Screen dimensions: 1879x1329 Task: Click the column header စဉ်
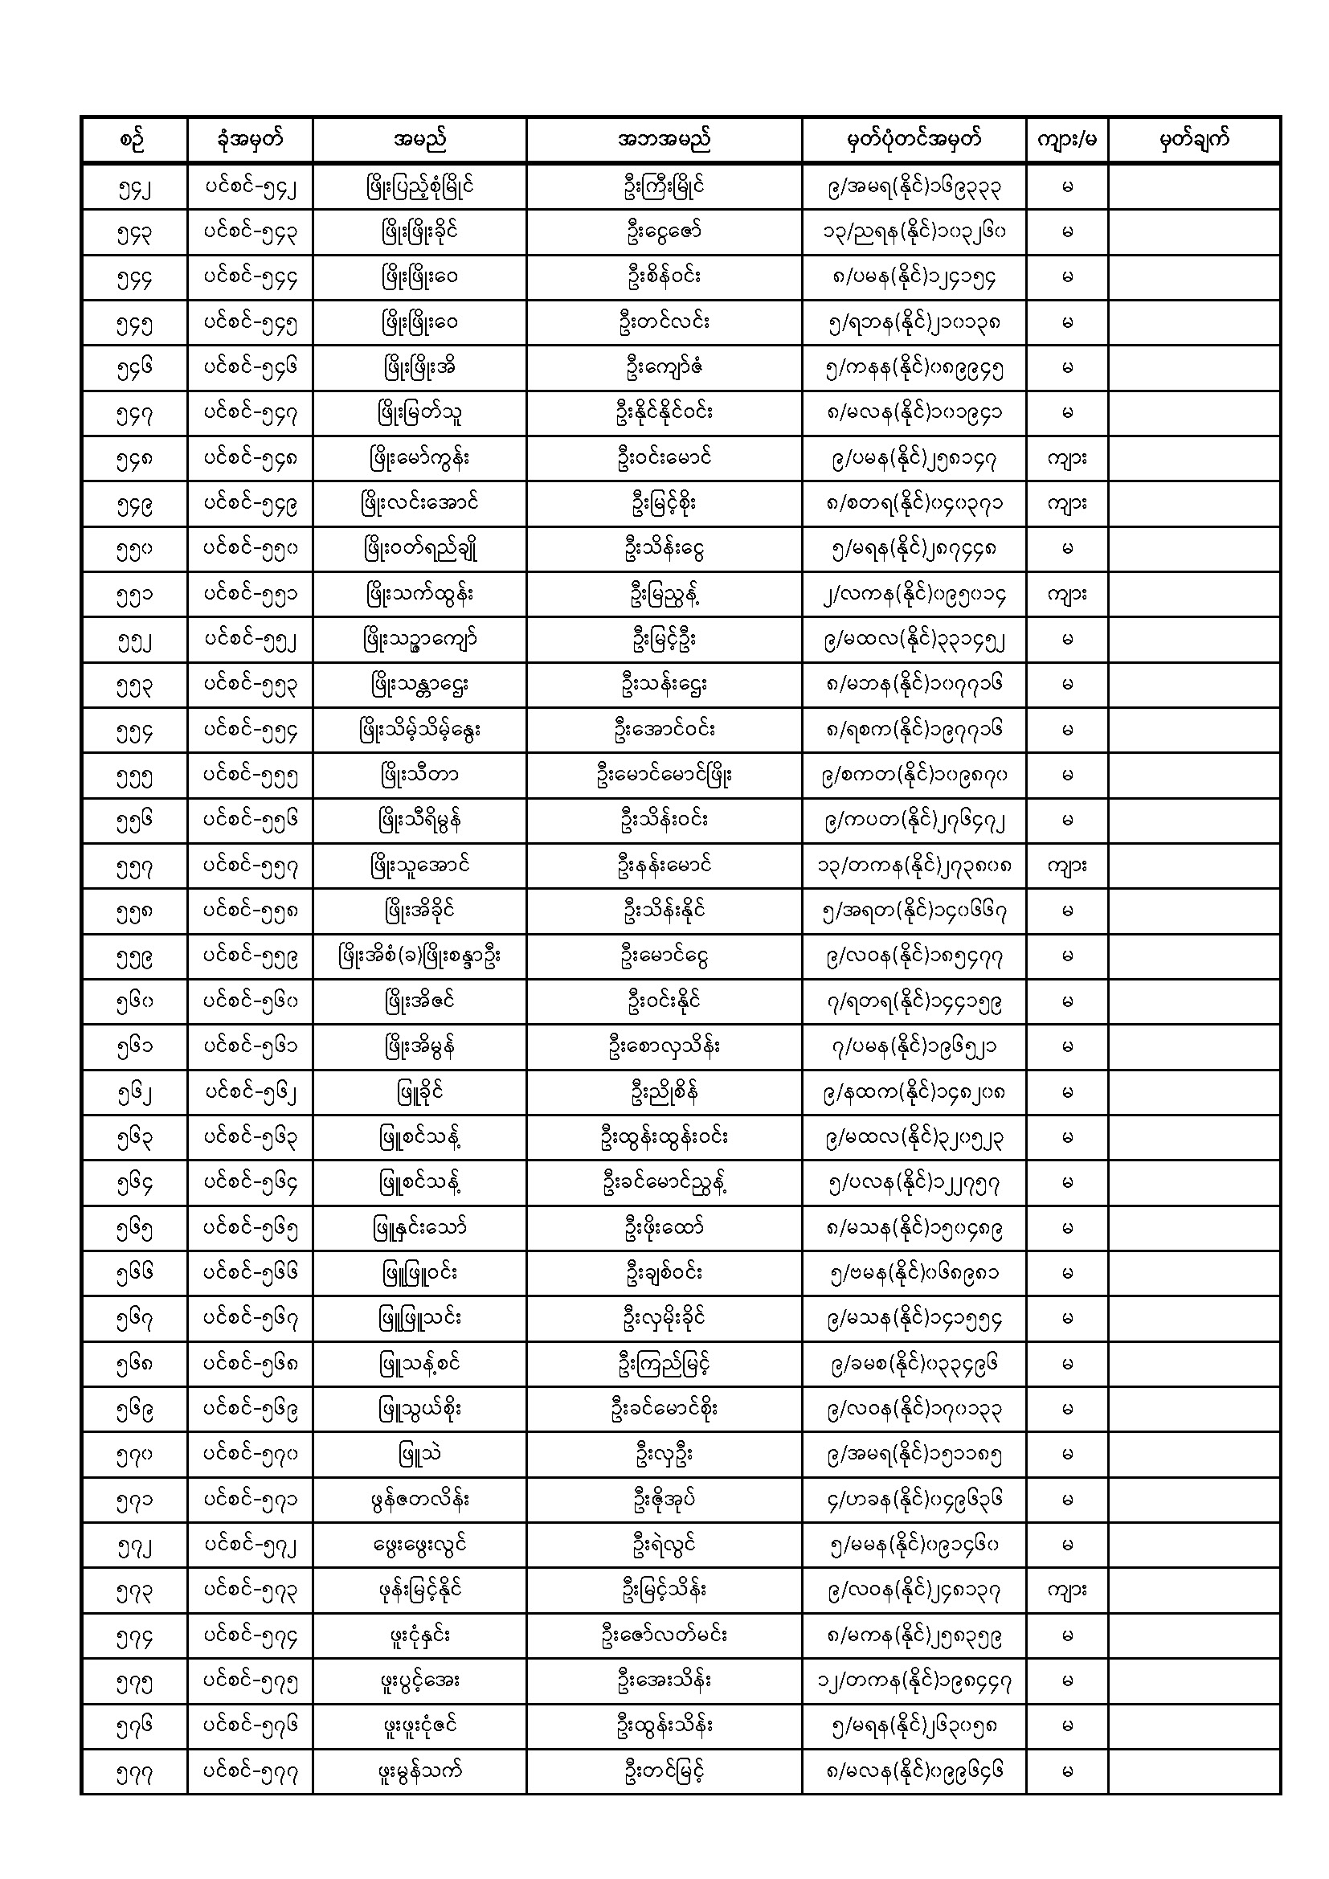[x=134, y=140]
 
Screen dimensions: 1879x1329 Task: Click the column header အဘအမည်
[x=664, y=140]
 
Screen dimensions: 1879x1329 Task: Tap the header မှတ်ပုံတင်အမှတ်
[x=914, y=140]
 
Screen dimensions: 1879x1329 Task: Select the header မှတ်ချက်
[x=1193, y=140]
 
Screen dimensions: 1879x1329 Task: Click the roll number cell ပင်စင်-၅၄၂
[x=251, y=187]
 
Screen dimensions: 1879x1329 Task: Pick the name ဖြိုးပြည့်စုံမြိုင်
[x=419, y=187]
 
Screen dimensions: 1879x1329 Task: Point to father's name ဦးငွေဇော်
[x=664, y=232]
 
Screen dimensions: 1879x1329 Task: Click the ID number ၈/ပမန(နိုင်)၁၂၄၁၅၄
[x=914, y=277]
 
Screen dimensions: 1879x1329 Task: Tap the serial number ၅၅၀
[x=134, y=550]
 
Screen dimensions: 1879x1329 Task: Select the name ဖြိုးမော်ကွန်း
[x=419, y=459]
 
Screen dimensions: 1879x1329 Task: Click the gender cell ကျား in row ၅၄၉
[x=1066, y=504]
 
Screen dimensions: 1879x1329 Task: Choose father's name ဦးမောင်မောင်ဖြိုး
[x=664, y=776]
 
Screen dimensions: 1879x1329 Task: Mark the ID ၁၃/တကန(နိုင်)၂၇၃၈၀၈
[x=914, y=866]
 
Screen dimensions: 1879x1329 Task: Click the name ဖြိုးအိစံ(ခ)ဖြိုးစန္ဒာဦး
[x=419, y=956]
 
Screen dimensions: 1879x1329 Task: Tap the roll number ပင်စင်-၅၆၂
[x=251, y=1092]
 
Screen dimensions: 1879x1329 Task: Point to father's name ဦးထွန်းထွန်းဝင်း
[x=664, y=1137]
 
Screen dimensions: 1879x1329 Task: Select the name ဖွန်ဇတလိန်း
[x=419, y=1500]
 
